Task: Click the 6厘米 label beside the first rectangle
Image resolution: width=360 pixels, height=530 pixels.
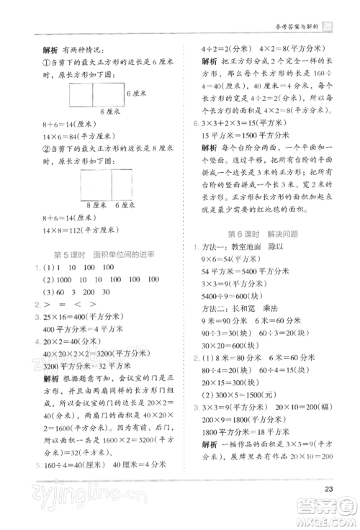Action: click(138, 94)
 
